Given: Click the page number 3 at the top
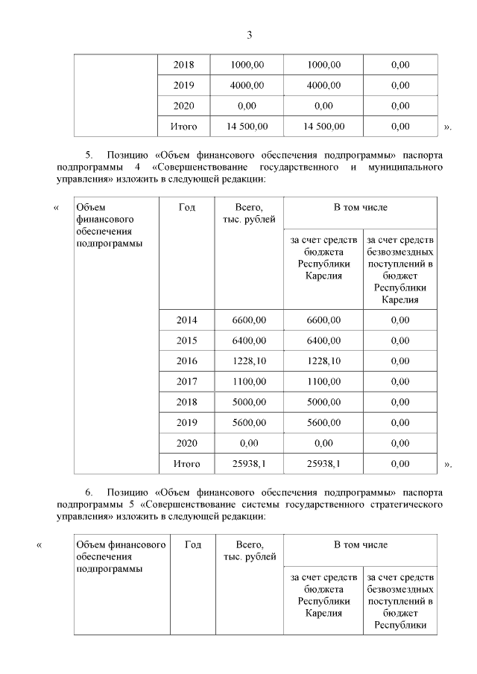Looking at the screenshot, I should (250, 34).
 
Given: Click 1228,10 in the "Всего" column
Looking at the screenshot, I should (249, 361).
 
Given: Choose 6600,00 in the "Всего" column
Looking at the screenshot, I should (249, 320).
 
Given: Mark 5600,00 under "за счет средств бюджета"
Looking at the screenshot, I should (323, 423).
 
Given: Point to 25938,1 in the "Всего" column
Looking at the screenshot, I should (249, 464).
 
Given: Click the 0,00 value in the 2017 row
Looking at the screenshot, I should (399, 382).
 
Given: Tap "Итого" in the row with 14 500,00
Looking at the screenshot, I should (184, 127).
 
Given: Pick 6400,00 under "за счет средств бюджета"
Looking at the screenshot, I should (323, 340).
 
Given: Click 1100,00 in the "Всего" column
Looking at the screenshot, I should (249, 382).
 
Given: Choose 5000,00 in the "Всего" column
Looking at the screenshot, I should (249, 402).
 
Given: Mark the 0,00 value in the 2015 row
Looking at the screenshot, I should (399, 340).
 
